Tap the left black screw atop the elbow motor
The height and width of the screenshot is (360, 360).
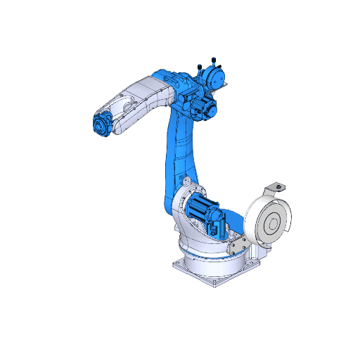[202, 67]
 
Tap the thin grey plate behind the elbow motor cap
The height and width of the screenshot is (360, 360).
[226, 84]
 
